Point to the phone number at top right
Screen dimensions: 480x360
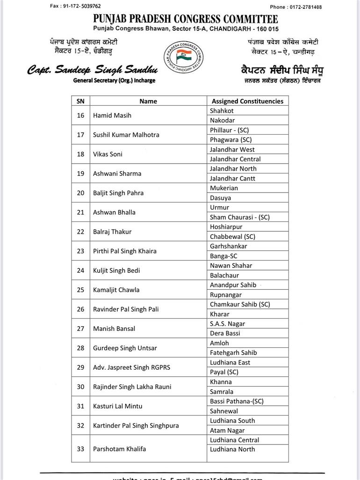(295, 7)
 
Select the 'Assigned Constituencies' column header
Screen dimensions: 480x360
(247, 101)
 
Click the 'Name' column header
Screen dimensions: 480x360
(148, 101)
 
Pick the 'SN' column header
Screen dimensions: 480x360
(80, 101)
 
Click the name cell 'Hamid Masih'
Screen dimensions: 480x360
(112, 115)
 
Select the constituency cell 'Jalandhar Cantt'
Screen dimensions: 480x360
(232, 178)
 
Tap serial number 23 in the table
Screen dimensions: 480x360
(80, 251)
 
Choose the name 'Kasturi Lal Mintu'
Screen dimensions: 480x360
(117, 406)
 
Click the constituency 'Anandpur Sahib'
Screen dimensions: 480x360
(233, 285)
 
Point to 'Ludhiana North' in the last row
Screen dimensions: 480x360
(232, 449)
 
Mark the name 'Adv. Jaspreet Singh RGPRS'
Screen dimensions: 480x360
(131, 367)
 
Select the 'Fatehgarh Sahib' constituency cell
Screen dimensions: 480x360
(233, 352)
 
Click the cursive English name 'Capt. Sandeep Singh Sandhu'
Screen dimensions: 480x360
(92, 70)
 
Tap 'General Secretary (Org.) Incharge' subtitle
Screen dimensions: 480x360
(114, 80)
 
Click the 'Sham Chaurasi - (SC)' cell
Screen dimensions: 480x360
(239, 217)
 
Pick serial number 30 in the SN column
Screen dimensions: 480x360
(80, 387)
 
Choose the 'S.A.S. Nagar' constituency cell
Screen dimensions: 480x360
(227, 323)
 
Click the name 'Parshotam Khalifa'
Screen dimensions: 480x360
(119, 449)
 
